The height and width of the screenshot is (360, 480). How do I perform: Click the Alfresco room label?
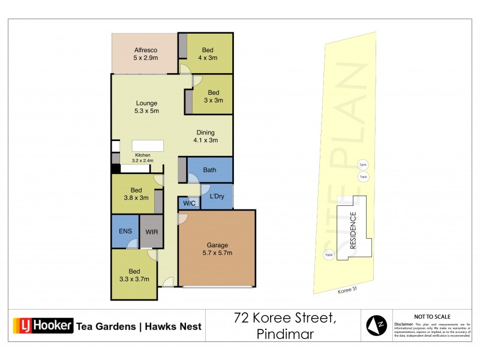145,53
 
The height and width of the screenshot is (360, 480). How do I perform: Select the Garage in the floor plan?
217,248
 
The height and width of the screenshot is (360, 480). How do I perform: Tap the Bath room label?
209,170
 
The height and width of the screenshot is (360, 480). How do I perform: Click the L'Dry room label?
217,197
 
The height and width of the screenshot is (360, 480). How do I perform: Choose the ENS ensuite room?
124,230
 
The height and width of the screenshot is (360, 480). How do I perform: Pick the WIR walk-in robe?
151,230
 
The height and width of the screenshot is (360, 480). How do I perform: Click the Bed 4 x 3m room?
208,53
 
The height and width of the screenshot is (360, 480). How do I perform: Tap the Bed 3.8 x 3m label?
136,194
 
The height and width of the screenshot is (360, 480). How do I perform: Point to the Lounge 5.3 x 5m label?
146,106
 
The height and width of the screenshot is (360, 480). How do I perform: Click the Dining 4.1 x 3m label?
205,136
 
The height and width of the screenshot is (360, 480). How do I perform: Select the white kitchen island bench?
148,146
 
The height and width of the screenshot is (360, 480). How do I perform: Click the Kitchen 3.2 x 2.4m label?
143,158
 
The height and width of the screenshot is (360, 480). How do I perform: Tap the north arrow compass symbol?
376,325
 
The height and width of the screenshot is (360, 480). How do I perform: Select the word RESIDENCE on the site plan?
353,231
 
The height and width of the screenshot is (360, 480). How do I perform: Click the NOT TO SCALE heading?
432,316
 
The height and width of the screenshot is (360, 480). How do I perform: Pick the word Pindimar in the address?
284,334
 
